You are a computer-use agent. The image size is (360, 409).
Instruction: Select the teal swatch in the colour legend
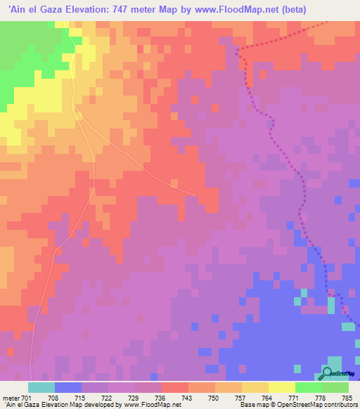click(x=41, y=387)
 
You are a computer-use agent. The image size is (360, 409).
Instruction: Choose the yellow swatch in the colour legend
click(x=282, y=387)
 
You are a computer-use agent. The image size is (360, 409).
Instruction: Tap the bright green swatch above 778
click(x=309, y=387)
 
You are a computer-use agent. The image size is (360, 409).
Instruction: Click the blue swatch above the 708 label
click(x=67, y=387)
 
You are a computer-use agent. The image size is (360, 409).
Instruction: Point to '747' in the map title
click(x=111, y=9)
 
